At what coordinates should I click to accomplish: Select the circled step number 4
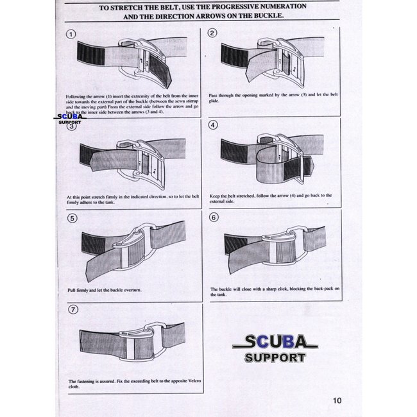[x=214, y=124]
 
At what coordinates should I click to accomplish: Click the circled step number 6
[x=214, y=217]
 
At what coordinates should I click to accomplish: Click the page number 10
[x=337, y=402]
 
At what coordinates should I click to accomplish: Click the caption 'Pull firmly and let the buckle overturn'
[x=105, y=291]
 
